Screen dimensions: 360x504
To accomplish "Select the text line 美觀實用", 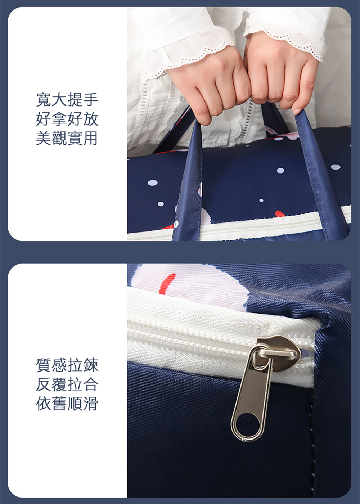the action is pos(67,138).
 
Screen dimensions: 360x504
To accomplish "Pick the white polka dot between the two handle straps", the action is pos(280,171).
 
